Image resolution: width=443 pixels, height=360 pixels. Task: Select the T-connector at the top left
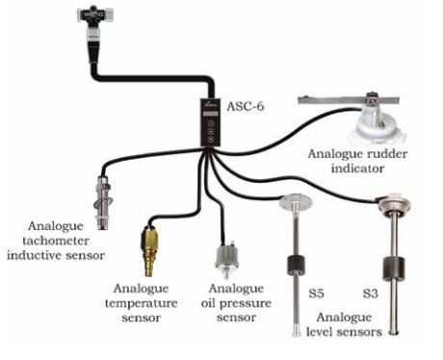tap(95, 18)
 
